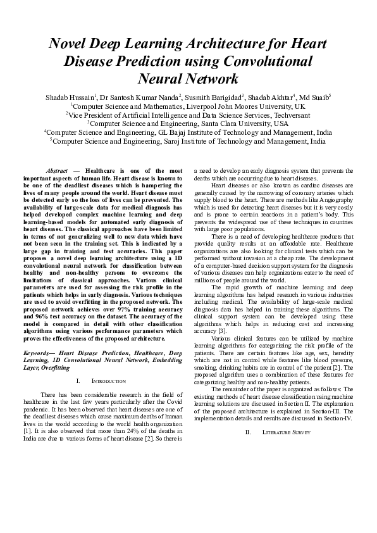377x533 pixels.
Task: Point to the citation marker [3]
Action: click(x=218, y=330)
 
